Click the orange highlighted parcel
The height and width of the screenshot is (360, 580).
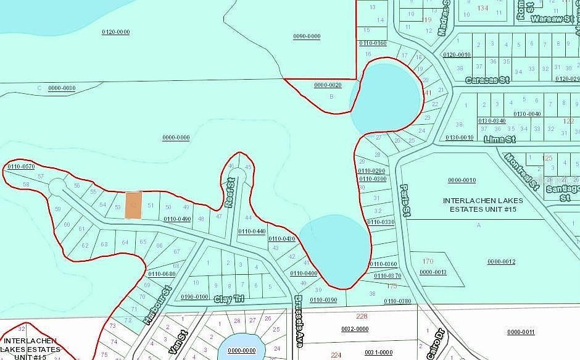[133, 204]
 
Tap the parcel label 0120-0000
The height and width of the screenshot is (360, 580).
[115, 31]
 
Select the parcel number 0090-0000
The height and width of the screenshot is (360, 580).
[307, 36]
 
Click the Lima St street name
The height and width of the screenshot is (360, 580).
[500, 140]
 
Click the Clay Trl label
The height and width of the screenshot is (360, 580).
[229, 299]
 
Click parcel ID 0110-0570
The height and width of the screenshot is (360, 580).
[21, 166]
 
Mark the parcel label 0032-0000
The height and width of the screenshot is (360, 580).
[355, 329]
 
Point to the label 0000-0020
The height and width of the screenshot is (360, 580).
[328, 85]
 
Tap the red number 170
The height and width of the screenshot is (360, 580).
[426, 261]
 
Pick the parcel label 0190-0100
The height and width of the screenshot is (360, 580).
[194, 296]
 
